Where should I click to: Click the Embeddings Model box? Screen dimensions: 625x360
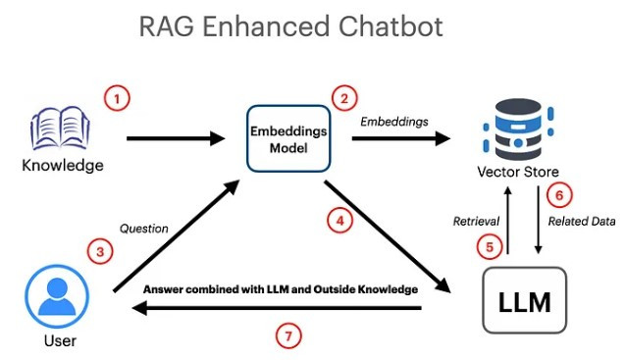click(288, 138)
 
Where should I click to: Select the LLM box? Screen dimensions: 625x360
click(525, 300)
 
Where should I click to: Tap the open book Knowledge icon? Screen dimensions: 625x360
click(60, 128)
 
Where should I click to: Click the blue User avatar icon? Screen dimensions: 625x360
click(57, 296)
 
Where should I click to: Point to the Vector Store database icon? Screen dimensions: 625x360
click(518, 129)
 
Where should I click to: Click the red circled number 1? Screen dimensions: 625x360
click(117, 98)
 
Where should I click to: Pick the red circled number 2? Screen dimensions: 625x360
click(344, 98)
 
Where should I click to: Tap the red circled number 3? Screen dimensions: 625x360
click(100, 251)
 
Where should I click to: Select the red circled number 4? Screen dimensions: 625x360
click(340, 221)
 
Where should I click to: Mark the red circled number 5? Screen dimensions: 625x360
click(490, 247)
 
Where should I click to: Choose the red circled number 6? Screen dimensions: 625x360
click(559, 195)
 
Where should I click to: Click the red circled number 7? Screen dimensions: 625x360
click(288, 336)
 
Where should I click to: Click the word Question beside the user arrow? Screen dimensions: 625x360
click(144, 229)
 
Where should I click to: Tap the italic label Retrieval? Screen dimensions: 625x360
click(476, 221)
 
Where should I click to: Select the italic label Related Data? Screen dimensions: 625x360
click(582, 221)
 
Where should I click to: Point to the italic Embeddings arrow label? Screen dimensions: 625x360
click(394, 122)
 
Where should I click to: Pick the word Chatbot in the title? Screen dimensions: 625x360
click(391, 26)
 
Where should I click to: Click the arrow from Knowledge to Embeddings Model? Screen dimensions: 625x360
click(176, 138)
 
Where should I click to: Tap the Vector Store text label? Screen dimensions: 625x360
click(518, 172)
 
